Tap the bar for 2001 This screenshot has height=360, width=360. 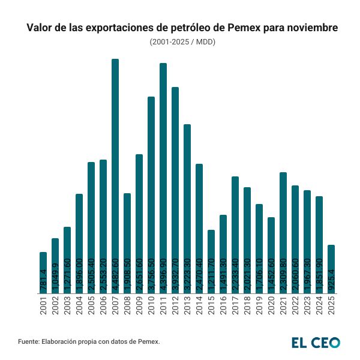43,272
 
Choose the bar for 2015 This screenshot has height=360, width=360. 211,262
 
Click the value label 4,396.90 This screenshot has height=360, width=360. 163,275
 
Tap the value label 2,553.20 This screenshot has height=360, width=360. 103,275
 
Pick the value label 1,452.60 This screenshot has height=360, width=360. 271,275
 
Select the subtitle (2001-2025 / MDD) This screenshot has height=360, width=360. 182,42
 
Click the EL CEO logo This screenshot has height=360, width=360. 316,342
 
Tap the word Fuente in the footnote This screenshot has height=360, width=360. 28,341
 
